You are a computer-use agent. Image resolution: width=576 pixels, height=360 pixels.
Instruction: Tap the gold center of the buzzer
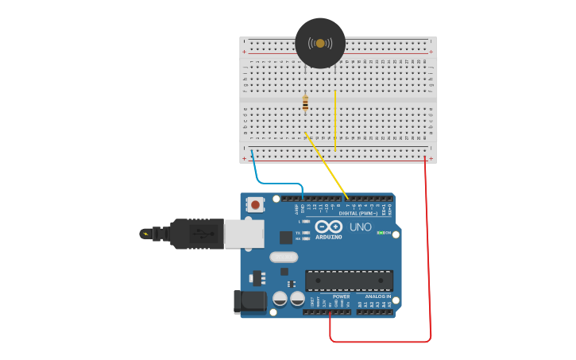320,43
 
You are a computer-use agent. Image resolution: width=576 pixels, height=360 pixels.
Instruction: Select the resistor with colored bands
305,103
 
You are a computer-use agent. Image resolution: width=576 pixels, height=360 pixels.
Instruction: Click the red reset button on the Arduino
255,204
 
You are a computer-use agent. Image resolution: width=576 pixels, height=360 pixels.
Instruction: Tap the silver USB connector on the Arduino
243,234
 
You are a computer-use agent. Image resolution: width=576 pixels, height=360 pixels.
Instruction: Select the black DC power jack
249,302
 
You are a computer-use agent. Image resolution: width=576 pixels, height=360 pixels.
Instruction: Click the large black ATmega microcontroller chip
350,281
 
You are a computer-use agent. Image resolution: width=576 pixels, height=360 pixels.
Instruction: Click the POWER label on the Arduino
341,297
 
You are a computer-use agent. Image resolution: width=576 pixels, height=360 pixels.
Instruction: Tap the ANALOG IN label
377,297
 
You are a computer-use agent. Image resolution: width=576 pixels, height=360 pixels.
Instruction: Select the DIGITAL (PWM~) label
358,213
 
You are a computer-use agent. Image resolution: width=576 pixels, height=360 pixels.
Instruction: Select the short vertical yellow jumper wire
336,119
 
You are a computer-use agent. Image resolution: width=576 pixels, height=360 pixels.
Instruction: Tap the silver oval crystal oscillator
283,257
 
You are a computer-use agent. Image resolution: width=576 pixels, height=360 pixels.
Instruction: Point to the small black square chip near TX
285,237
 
